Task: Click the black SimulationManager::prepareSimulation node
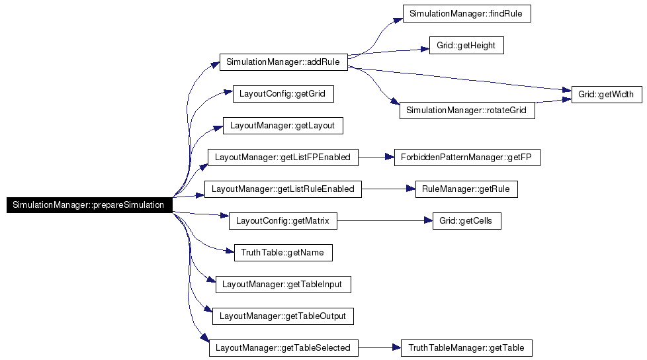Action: pos(89,205)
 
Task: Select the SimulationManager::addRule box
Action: pos(283,62)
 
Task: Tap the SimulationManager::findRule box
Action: pos(467,14)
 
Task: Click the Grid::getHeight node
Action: pos(466,46)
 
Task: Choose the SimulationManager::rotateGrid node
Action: pos(466,110)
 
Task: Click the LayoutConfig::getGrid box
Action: pos(282,94)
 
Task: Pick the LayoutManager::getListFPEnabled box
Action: pos(282,157)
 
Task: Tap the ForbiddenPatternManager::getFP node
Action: pos(467,157)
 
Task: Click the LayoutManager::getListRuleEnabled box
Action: pos(282,189)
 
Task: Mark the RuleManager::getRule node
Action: pos(466,189)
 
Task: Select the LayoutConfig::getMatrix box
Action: pos(282,221)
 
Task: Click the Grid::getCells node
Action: pos(466,221)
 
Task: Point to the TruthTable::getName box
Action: pos(282,253)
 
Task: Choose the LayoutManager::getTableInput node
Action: pos(282,285)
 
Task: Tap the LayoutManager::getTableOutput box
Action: pos(282,316)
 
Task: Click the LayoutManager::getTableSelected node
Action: pos(282,348)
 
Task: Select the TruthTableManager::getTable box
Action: pos(466,348)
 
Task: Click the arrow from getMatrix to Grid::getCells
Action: pos(384,221)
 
